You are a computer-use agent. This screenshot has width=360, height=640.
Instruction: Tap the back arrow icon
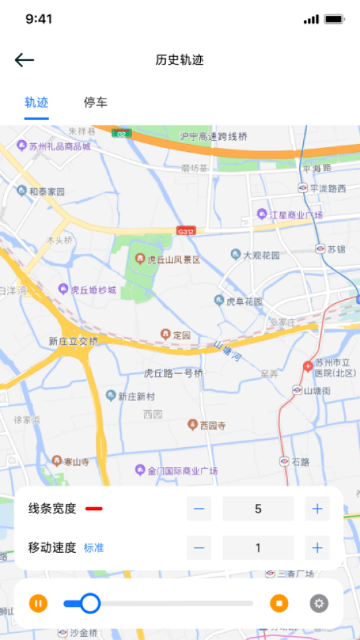[24, 60]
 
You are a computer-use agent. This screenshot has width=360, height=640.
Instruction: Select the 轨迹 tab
[36, 102]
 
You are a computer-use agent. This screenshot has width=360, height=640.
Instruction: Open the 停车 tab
[95, 102]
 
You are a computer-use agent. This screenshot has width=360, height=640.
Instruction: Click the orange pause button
[38, 603]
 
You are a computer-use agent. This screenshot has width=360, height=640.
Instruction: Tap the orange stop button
[279, 603]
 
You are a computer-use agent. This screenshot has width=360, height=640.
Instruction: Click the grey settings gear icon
[319, 603]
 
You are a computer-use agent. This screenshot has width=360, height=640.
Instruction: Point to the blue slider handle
[90, 603]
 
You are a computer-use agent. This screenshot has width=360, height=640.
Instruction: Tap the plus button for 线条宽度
[317, 509]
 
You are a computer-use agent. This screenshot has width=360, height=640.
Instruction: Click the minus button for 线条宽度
[199, 509]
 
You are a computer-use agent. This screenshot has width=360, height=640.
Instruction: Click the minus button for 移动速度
[199, 548]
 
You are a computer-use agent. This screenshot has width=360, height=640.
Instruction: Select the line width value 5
[258, 509]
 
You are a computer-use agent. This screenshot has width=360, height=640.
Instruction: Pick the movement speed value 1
[258, 548]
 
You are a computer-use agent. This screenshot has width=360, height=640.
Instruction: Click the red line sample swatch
[94, 509]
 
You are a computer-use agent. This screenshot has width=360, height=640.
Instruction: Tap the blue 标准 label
[94, 548]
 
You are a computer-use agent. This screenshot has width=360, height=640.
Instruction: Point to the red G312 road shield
[186, 231]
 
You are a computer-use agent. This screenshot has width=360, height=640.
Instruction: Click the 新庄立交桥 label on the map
[73, 341]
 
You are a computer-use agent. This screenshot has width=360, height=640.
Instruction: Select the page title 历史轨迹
[180, 60]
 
